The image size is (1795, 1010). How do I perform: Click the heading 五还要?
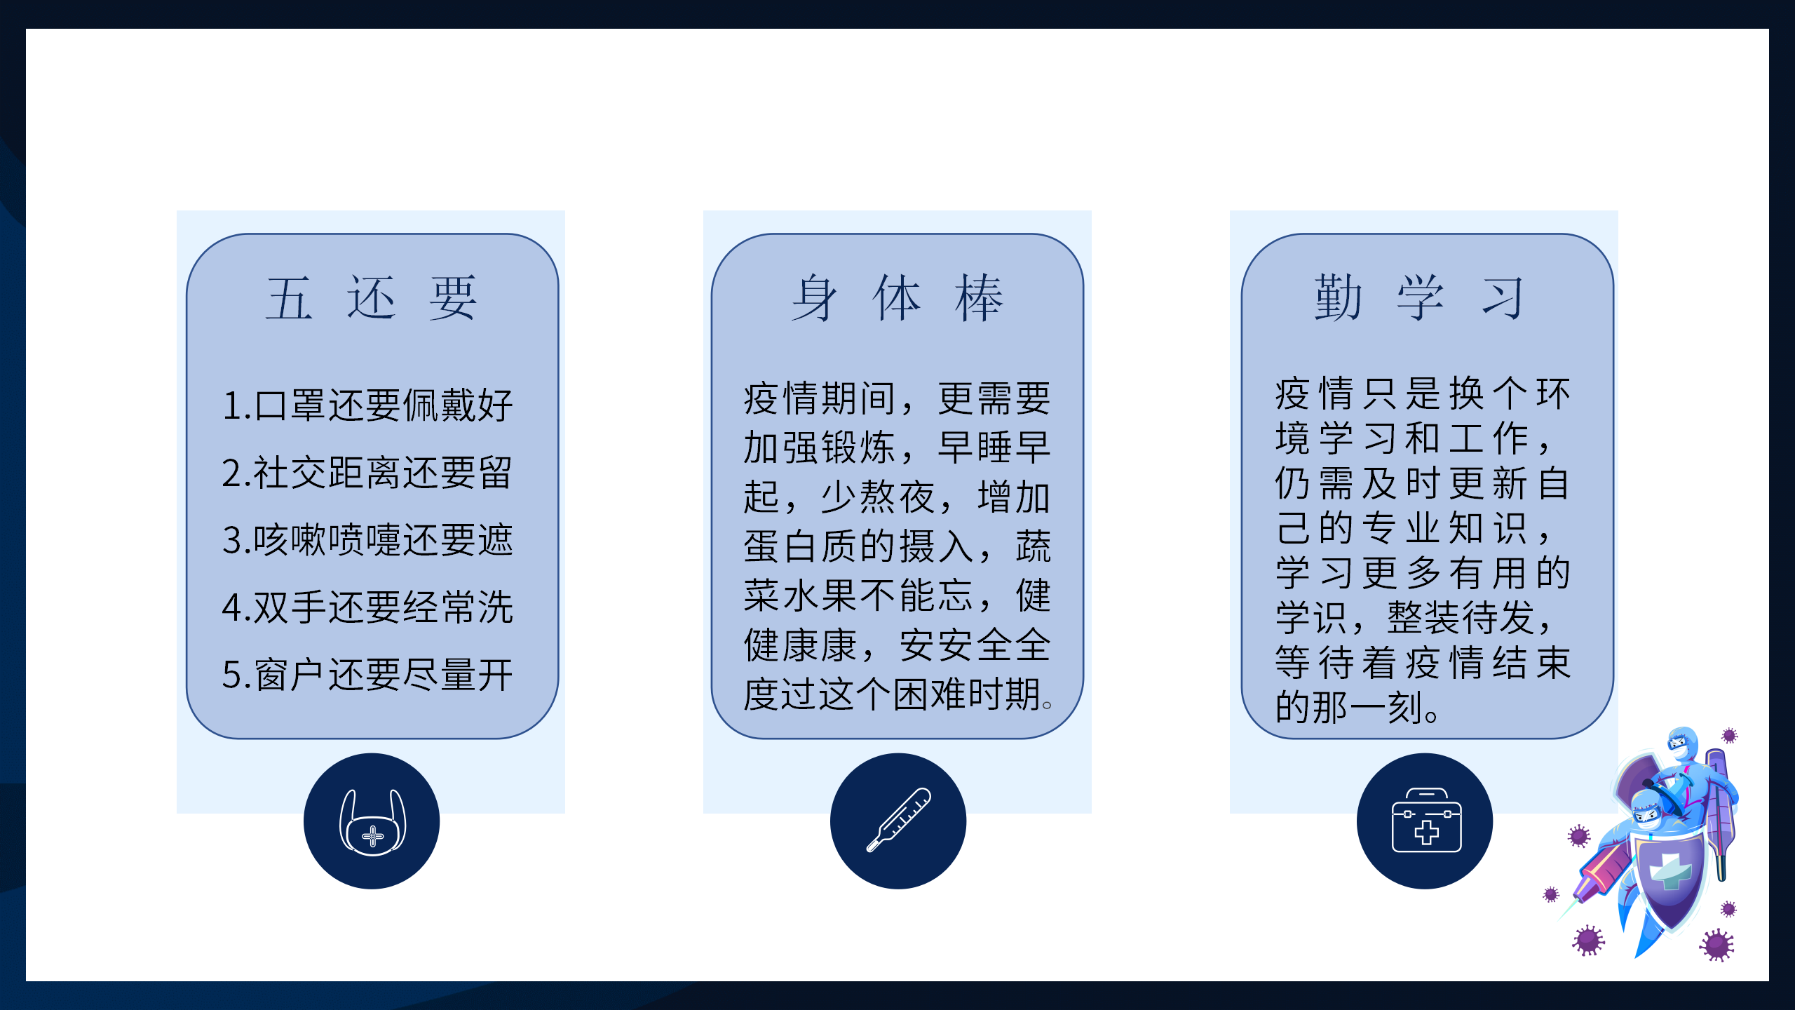372,297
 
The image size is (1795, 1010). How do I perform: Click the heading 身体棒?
897,297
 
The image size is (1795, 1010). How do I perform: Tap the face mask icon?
372,822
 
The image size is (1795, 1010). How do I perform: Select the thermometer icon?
899,819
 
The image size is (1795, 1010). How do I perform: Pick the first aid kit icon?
1426,820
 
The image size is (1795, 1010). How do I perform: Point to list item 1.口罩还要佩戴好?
367,405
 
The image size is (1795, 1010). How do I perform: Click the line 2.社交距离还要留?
367,473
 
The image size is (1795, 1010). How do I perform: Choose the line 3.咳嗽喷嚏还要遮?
367,540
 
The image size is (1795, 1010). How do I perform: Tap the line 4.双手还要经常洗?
367,607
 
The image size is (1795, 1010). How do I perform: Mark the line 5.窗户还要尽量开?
367,675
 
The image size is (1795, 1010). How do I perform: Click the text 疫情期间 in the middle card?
820,398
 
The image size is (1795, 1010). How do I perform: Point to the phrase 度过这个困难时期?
891,694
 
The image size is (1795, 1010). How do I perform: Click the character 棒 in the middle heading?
980,298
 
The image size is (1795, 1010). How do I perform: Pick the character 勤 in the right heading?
1339,297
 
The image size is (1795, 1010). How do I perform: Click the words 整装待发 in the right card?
1461,617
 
